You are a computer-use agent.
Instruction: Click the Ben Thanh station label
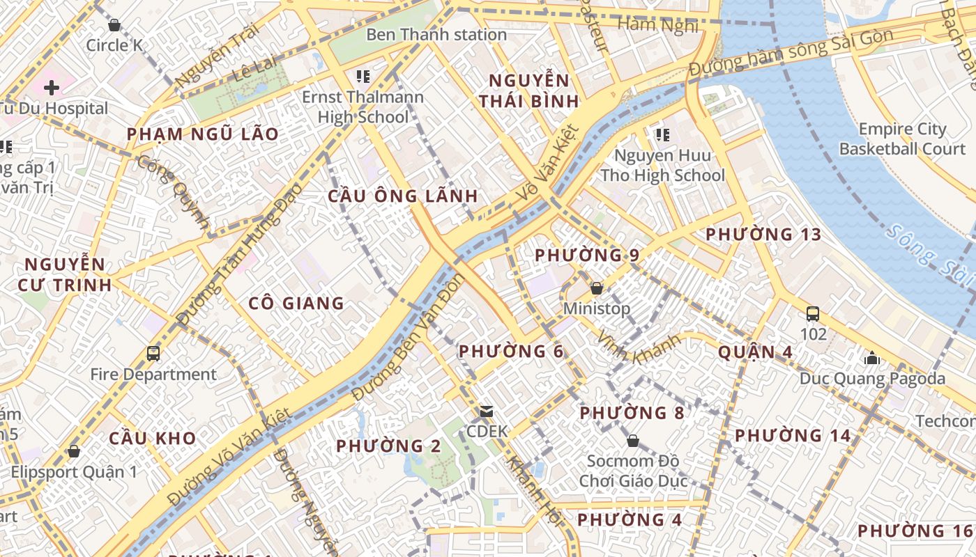click(x=436, y=34)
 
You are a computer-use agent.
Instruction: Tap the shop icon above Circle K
click(x=114, y=26)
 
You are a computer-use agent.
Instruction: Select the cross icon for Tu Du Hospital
click(x=51, y=88)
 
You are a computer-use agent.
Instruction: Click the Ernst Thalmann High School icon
click(x=363, y=76)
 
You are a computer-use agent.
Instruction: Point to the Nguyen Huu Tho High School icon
click(x=662, y=134)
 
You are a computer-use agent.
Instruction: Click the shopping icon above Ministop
click(x=596, y=288)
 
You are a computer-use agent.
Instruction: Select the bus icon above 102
click(x=813, y=314)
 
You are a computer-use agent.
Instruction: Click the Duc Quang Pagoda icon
click(x=871, y=359)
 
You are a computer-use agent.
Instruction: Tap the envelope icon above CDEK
click(x=486, y=412)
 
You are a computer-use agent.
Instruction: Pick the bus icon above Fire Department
click(x=153, y=354)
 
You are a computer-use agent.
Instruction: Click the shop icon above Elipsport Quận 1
click(x=74, y=451)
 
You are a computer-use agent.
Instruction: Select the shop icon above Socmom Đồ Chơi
click(x=633, y=441)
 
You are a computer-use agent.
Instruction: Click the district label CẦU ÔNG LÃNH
click(x=403, y=196)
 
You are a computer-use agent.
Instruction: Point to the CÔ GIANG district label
click(x=296, y=303)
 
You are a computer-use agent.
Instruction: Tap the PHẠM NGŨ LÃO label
click(x=202, y=134)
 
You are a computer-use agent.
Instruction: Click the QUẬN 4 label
click(x=756, y=352)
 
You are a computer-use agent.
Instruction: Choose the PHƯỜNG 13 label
click(x=763, y=234)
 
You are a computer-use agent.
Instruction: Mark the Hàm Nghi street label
click(x=657, y=25)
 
